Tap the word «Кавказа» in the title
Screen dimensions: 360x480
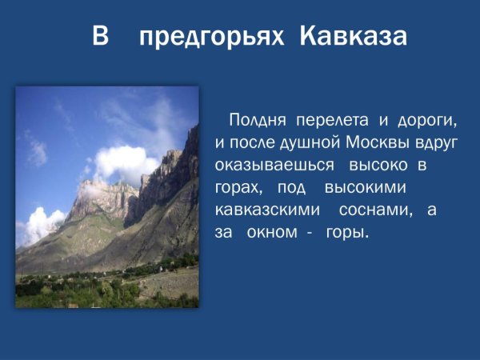coord(354,38)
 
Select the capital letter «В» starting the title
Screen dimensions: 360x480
coord(100,38)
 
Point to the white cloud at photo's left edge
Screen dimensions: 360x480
coord(36,224)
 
